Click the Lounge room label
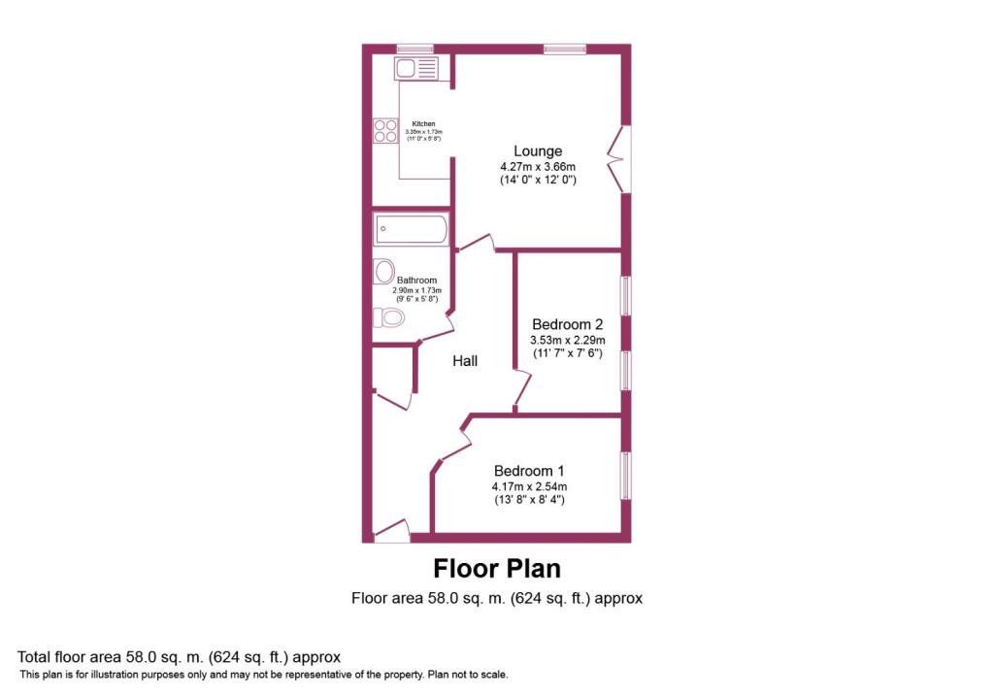click(538, 151)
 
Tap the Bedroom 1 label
click(529, 470)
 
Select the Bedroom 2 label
click(568, 324)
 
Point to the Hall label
click(465, 361)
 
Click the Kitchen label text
click(423, 124)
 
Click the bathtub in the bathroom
click(411, 230)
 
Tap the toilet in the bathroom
click(388, 317)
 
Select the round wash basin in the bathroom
click(384, 271)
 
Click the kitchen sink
click(415, 68)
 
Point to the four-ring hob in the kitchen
click(385, 130)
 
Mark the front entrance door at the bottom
click(391, 530)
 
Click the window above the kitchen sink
click(414, 49)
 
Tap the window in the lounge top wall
click(564, 49)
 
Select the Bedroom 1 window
click(626, 476)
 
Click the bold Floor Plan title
click(496, 568)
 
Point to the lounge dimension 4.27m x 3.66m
click(538, 166)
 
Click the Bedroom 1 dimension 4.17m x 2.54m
click(529, 486)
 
